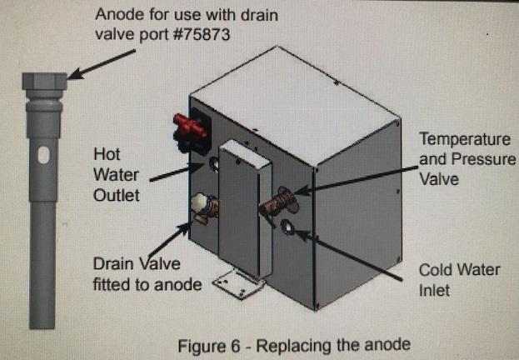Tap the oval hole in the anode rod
tap(43, 154)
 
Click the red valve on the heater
tap(187, 129)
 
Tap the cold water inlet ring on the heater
tap(289, 227)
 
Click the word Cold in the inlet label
tap(438, 271)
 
